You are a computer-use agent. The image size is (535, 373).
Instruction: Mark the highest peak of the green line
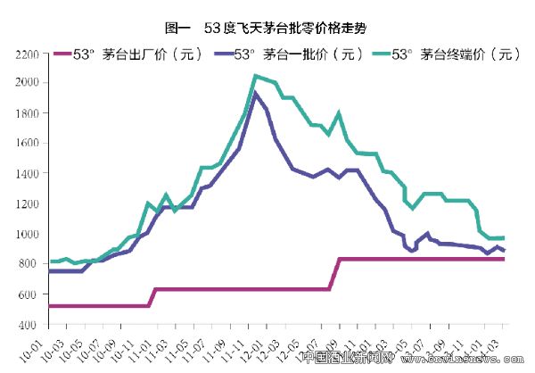tap(256, 76)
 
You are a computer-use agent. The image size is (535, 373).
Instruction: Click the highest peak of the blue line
tap(256, 93)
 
